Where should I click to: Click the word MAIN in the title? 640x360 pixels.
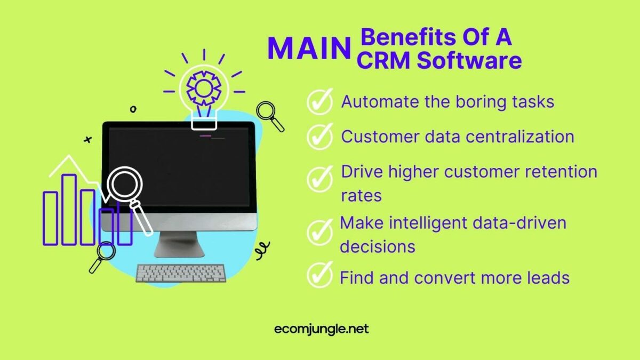pyautogui.click(x=308, y=49)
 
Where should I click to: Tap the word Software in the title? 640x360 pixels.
pyautogui.click(x=469, y=61)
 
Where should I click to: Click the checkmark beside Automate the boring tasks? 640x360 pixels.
pyautogui.click(x=320, y=102)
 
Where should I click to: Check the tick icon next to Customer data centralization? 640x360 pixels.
pyautogui.click(x=320, y=137)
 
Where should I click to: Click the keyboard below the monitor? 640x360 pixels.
pyautogui.click(x=180, y=273)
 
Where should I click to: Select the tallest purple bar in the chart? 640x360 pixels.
pyautogui.click(x=69, y=210)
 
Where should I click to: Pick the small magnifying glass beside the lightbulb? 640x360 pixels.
pyautogui.click(x=268, y=114)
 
